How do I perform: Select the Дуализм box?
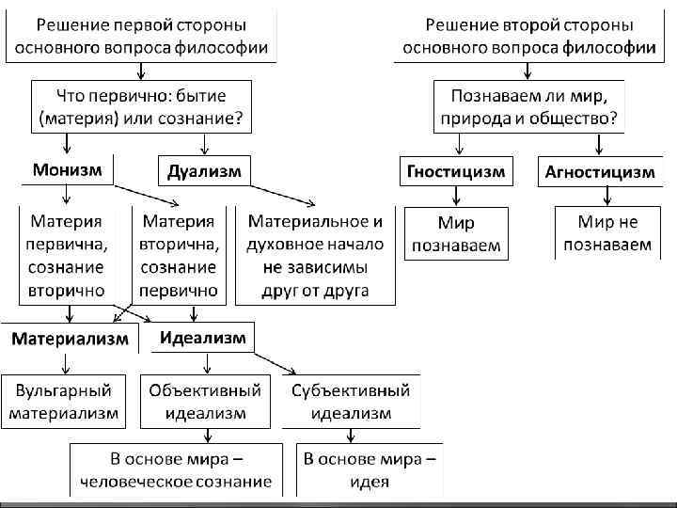pyautogui.click(x=204, y=171)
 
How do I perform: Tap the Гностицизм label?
pyautogui.click(x=456, y=171)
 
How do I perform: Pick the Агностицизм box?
pyautogui.click(x=599, y=171)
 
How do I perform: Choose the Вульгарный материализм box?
pyautogui.click(x=65, y=402)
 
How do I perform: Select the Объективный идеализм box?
pyautogui.click(x=203, y=402)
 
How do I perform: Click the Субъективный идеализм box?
pyautogui.click(x=351, y=402)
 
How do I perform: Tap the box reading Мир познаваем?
pyautogui.click(x=456, y=234)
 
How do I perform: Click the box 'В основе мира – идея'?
pyautogui.click(x=370, y=470)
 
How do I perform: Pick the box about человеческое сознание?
pyautogui.click(x=176, y=470)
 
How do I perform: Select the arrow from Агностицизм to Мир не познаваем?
pyautogui.click(x=608, y=195)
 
